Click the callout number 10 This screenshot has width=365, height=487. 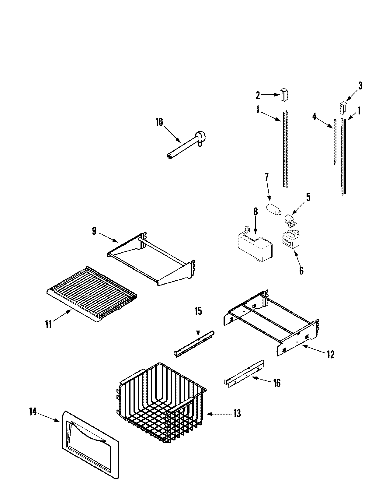pos(159,122)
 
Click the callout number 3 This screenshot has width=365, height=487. pos(360,86)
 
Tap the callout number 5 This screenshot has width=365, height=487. pos(308,197)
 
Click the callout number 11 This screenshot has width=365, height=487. pos(48,324)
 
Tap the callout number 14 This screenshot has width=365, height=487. pos(33,412)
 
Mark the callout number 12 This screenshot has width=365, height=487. pos(330,354)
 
